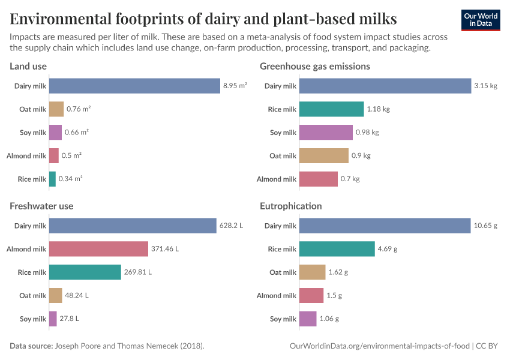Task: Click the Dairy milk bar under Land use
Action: click(x=134, y=86)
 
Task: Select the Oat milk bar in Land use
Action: click(x=56, y=109)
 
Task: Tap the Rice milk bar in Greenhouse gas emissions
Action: click(x=331, y=109)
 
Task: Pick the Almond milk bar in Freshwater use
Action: click(x=98, y=249)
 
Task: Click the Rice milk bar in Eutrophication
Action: click(x=337, y=249)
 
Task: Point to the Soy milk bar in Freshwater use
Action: click(x=53, y=319)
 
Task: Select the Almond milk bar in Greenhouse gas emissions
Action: click(x=318, y=179)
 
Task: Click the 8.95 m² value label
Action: click(x=235, y=86)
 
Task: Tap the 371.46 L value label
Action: click(x=165, y=249)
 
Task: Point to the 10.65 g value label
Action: click(x=485, y=226)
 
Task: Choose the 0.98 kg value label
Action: click(x=367, y=133)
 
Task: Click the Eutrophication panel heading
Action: click(x=290, y=206)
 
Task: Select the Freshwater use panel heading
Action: click(x=41, y=206)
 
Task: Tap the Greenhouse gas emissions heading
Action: click(x=314, y=66)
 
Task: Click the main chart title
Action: click(x=203, y=19)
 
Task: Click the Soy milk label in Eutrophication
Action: click(x=283, y=319)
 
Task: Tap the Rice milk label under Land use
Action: click(x=31, y=179)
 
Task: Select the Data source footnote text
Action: click(x=107, y=346)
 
